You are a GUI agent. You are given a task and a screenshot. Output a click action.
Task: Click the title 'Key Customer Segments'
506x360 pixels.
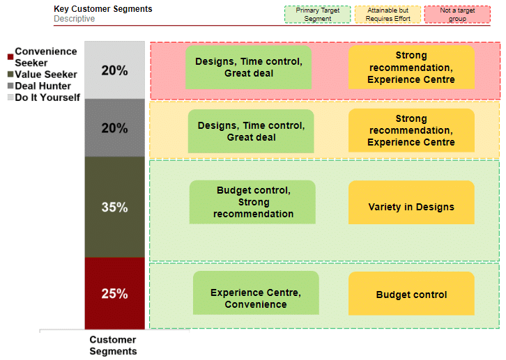(x=103, y=8)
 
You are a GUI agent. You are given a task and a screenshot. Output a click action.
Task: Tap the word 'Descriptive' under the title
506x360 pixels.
(x=74, y=19)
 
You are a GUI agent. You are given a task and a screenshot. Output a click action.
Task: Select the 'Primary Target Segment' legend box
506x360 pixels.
(x=318, y=15)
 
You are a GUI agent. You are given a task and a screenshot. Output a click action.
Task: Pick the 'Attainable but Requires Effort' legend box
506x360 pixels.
(x=388, y=15)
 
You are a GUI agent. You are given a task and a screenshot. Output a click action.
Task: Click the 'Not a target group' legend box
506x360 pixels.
(x=457, y=15)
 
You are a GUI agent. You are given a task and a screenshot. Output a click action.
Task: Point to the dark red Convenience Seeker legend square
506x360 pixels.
(x=10, y=56)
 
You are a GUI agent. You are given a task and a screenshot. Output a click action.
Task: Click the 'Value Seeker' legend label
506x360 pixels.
(x=46, y=75)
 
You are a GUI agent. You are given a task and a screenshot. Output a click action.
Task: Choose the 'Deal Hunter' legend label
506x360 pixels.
(x=43, y=86)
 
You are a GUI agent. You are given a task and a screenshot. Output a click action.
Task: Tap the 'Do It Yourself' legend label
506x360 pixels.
(x=47, y=97)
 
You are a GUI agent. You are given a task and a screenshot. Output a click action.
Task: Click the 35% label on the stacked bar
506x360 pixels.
(x=114, y=208)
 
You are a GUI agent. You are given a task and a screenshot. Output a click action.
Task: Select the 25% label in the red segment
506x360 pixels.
(x=114, y=294)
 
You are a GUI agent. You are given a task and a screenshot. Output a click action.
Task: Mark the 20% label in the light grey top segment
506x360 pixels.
(x=114, y=70)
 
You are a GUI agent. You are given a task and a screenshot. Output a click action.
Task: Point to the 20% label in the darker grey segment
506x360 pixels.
(x=114, y=128)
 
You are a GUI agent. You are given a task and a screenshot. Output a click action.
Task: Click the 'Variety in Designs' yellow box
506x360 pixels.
(x=411, y=203)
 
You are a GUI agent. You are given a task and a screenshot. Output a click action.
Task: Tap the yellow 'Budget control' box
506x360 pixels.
(x=411, y=293)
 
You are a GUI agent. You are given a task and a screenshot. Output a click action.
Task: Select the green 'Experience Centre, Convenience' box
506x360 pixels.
(x=256, y=292)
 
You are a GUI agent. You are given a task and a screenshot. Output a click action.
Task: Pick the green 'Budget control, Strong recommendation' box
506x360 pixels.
(x=252, y=202)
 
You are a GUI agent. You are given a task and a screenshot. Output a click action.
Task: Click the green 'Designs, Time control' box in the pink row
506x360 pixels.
(x=249, y=67)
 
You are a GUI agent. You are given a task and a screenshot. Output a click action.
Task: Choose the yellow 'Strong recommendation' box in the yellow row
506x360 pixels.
(x=411, y=130)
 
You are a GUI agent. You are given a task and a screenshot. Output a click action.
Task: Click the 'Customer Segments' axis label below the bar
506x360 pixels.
(x=113, y=345)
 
